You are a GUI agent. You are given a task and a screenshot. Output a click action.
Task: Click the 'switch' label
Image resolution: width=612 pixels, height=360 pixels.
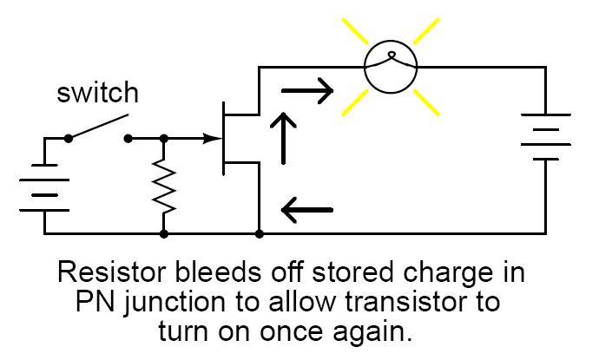(97, 94)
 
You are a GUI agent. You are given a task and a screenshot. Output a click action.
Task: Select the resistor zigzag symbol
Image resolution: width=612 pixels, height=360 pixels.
(163, 186)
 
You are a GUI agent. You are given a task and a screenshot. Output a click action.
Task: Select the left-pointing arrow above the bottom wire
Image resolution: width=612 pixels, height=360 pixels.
(307, 208)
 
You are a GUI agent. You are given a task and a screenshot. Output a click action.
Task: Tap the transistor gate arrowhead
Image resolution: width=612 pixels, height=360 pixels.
(211, 138)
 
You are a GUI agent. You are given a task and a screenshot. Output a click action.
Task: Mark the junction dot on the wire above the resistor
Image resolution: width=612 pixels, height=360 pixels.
(163, 138)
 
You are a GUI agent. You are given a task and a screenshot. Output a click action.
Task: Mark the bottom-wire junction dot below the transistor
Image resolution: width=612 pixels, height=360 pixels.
(260, 233)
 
